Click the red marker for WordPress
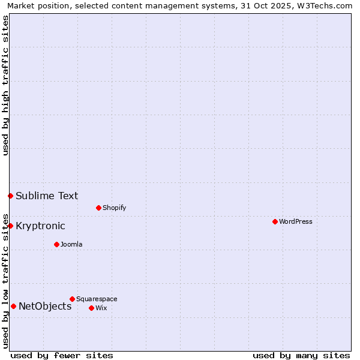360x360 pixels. coord(275,221)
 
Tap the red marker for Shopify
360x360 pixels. coord(98,208)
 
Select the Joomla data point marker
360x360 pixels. coord(56,244)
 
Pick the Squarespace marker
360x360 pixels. coord(72,299)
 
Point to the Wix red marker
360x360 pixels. coord(91,308)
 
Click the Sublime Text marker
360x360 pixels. coord(10,196)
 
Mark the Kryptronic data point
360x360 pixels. coord(10,226)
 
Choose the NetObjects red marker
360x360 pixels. coord(13,306)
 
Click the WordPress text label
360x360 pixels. coord(296,221)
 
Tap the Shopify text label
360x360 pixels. coord(114,208)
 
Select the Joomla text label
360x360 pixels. coord(71,244)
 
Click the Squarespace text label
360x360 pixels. coord(97,299)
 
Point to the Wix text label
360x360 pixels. coord(101,308)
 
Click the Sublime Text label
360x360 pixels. coord(47,196)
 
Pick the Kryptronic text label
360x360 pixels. coord(40,226)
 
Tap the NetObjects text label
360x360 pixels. coord(45,306)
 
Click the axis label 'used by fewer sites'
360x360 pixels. coord(62,355)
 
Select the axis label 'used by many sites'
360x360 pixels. coord(301,355)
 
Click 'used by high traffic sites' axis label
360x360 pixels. coord(5,85)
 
